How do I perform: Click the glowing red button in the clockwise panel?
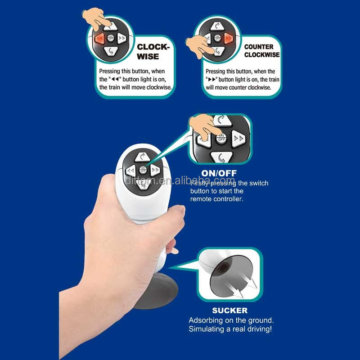pos(100,38)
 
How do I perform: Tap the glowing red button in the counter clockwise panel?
pos(229,38)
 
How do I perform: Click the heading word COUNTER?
pos(259,47)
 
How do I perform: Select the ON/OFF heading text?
pos(219,173)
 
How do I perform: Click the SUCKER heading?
pos(230,310)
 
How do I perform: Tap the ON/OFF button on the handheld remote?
pos(143,170)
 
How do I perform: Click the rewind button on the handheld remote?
pos(131,171)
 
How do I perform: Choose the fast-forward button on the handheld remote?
pos(155,170)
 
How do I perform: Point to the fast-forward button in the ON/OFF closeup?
pos(238,139)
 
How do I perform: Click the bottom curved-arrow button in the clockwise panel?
pos(111,51)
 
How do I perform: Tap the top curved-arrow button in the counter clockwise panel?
pos(217,26)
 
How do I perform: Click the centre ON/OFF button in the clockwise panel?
pos(111,38)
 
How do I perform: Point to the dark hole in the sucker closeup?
pos(223,267)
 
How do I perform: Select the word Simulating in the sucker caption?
pos(207,329)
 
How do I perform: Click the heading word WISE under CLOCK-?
pos(148,57)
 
